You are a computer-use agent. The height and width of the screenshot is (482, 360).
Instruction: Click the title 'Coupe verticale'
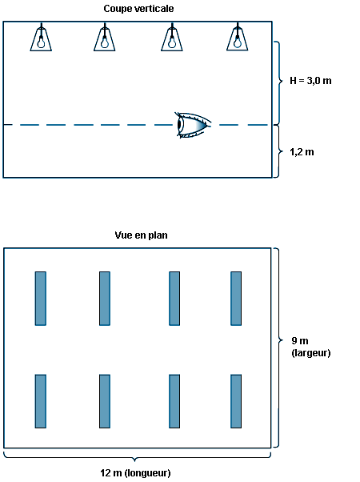pos(138,9)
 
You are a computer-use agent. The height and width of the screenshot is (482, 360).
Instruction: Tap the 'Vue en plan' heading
pos(141,235)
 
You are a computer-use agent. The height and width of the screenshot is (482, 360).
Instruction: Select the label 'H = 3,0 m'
pos(310,81)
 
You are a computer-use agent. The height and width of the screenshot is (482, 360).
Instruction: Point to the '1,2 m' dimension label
pos(302,152)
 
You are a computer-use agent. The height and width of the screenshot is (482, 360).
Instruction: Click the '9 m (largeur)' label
pos(311,347)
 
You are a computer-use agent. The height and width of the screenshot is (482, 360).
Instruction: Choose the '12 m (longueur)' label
pos(135,472)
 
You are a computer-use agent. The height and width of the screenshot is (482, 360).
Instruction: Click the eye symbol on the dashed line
pos(193,125)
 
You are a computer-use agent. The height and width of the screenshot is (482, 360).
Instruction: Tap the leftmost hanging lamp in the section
pos(41,37)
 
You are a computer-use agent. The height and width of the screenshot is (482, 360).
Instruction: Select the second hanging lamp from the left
pos(105,37)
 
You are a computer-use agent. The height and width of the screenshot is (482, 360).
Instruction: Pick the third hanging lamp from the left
pos(172,37)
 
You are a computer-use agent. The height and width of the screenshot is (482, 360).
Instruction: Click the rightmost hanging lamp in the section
pos(237,37)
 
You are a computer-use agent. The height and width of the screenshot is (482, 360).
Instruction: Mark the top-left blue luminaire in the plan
pos(41,298)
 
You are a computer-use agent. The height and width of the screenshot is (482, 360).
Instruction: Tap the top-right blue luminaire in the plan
pos(236,298)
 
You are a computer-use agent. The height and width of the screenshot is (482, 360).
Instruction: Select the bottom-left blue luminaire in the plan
pos(41,401)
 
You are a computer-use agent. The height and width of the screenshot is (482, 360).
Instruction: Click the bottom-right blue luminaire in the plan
pos(236,401)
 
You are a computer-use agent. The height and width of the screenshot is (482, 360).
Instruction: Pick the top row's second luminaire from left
pos(105,298)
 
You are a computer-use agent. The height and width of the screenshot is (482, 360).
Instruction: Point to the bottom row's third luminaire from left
pos(174,401)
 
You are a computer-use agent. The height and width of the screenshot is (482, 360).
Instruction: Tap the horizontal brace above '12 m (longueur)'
pos(135,457)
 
